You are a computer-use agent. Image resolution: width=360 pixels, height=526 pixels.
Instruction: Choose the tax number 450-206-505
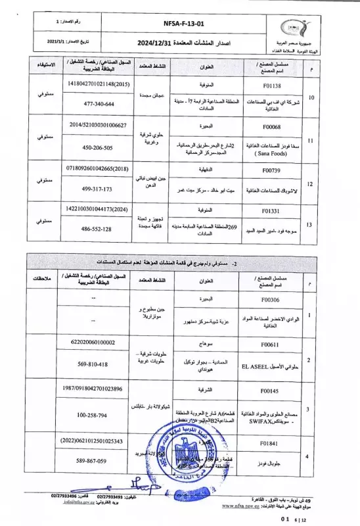(x=91, y=148)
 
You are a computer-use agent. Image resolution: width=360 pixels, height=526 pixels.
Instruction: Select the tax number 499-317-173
(x=91, y=189)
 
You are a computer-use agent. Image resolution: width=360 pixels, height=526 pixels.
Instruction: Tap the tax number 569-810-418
(x=91, y=364)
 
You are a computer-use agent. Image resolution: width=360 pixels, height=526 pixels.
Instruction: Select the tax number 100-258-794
(x=91, y=415)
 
